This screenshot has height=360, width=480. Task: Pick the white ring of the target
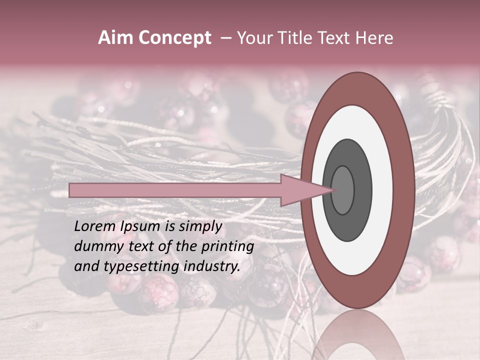point(380,190)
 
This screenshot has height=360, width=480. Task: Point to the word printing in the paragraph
point(227,246)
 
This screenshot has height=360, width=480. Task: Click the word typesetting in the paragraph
point(133,266)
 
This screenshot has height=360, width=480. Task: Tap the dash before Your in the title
point(225,38)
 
